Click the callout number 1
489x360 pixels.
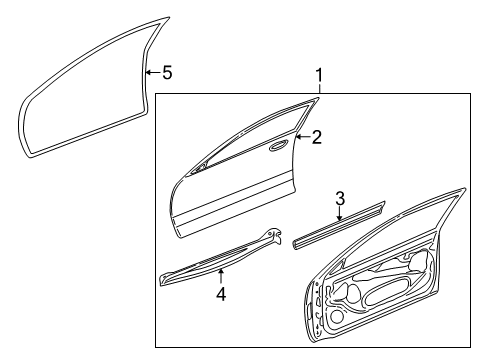click(319, 75)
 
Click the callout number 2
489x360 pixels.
click(316, 138)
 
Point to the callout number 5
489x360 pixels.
click(166, 72)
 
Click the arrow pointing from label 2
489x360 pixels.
click(302, 138)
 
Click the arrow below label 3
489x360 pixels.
click(340, 214)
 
